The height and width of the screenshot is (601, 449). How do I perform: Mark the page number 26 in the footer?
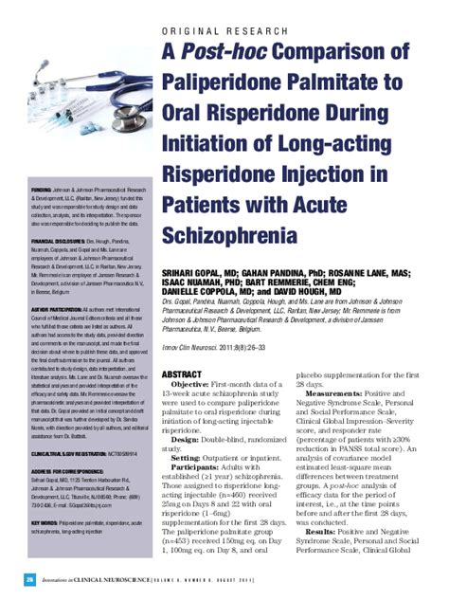click(30, 577)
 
